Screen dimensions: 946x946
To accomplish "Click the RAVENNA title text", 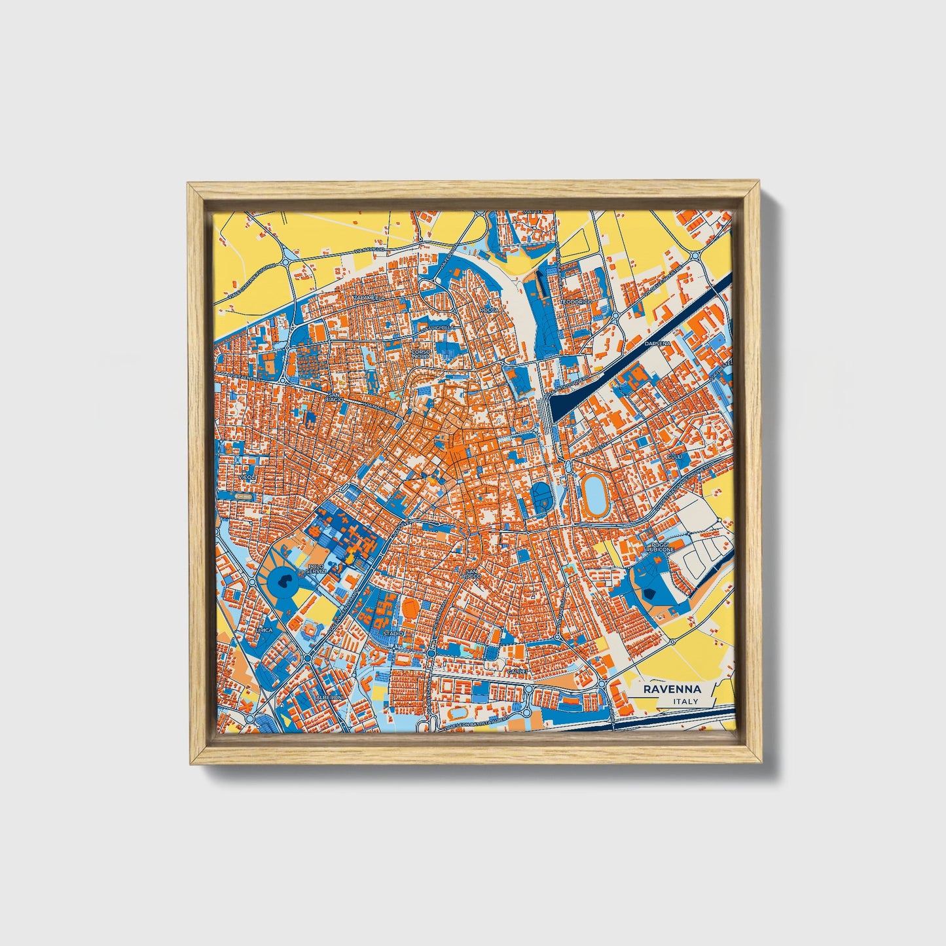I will [672, 689].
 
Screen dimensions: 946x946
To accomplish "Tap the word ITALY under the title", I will [686, 702].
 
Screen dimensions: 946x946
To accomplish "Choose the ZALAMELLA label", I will [367, 298].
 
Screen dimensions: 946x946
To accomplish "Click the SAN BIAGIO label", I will [335, 399].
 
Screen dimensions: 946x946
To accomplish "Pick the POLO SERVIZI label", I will [316, 569].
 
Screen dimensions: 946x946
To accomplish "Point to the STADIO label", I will [393, 634].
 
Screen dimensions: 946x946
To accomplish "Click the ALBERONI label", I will [329, 698].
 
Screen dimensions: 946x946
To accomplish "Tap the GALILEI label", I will [517, 672].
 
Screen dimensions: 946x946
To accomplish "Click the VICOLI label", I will [247, 478].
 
